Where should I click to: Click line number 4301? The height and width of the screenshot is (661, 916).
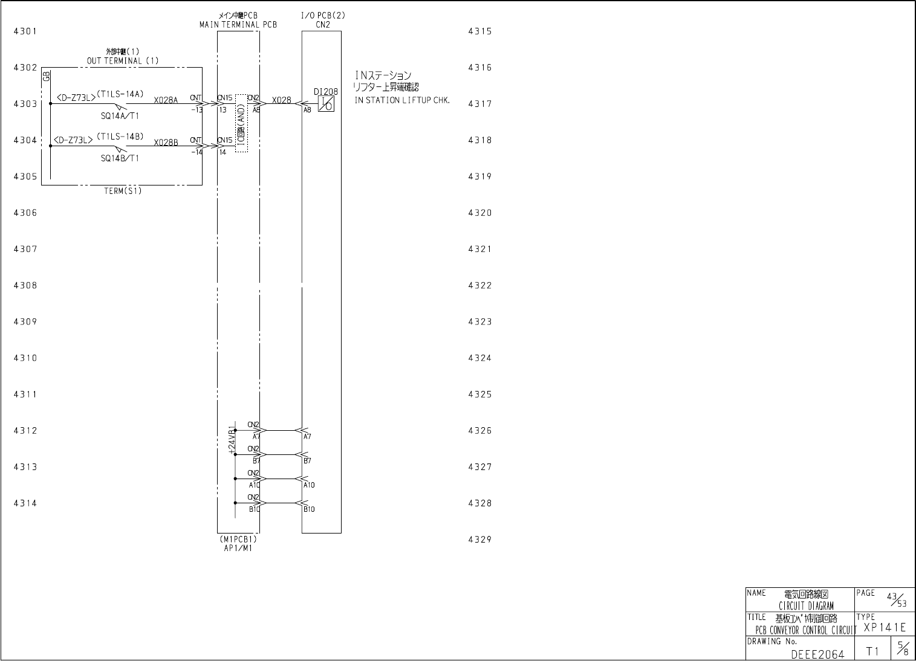(x=25, y=31)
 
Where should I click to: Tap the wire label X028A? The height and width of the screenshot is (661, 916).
(x=166, y=100)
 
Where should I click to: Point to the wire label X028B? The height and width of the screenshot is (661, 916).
(x=166, y=143)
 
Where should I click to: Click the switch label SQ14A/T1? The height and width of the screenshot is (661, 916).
(x=120, y=116)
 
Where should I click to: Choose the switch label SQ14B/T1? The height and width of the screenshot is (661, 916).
(x=120, y=158)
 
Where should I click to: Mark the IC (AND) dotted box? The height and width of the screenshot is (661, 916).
(x=241, y=123)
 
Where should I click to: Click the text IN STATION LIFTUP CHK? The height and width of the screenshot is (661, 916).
(x=402, y=100)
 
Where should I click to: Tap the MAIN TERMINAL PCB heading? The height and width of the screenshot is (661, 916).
(x=238, y=25)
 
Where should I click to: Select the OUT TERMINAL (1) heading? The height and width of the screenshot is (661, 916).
(x=123, y=60)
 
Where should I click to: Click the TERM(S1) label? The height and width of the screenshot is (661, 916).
(x=123, y=191)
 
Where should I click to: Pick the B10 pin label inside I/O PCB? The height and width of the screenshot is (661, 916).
(x=309, y=509)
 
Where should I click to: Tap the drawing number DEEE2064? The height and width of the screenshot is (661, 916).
(x=817, y=653)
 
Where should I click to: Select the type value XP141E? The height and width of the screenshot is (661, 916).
(x=885, y=628)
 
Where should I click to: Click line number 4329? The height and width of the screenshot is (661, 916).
(x=479, y=540)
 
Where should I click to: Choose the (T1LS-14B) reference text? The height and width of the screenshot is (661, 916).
(x=120, y=136)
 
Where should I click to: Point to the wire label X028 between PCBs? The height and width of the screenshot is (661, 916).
(x=281, y=100)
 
